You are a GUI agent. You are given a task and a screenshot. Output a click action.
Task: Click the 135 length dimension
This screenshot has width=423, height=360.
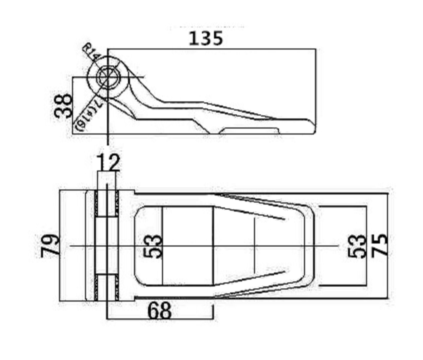pyautogui.click(x=205, y=38)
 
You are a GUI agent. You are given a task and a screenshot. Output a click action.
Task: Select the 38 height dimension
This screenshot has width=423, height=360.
pyautogui.click(x=63, y=105)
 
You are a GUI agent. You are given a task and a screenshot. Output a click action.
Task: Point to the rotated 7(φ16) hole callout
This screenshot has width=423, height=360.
pyautogui.click(x=90, y=115)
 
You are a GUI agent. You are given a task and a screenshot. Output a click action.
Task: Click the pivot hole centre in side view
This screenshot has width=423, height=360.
pyautogui.click(x=107, y=77)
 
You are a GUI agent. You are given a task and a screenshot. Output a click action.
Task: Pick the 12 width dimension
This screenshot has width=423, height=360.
pyautogui.click(x=108, y=162)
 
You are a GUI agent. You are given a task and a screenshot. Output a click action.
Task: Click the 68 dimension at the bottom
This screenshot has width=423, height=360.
pyautogui.click(x=159, y=310)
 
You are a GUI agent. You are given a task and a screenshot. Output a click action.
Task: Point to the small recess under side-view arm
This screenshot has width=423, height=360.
pyautogui.click(x=249, y=130)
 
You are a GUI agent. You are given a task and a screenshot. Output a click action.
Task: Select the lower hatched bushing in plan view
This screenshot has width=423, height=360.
pyautogui.click(x=106, y=287)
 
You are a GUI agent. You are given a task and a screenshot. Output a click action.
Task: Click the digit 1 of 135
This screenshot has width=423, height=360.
pyautogui.click(x=192, y=38)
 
